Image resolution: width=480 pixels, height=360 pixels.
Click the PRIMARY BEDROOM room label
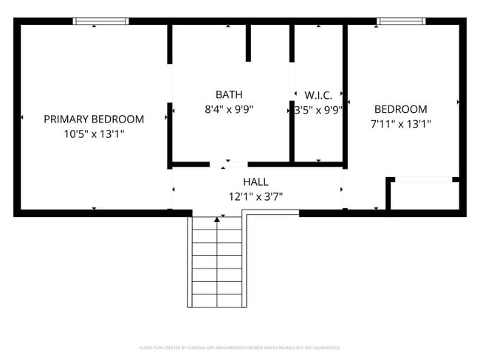tap(94, 119)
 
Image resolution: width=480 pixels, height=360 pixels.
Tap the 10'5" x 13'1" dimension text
tap(94, 134)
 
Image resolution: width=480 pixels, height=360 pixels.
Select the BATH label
tap(229, 94)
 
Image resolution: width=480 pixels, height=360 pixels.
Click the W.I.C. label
tap(319, 95)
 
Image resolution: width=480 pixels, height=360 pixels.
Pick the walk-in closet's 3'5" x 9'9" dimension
tap(319, 111)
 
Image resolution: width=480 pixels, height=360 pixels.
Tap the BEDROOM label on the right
tap(400, 109)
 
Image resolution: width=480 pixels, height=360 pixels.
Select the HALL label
tap(256, 181)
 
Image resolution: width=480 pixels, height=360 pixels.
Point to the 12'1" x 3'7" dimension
tap(256, 197)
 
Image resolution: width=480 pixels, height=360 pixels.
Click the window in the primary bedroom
tap(100, 21)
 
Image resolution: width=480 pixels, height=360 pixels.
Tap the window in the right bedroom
tap(401, 21)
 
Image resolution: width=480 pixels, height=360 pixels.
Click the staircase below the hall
tap(217, 262)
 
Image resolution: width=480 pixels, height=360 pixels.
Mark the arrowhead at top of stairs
tap(217, 219)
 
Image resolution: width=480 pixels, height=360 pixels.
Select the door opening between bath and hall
tap(228, 163)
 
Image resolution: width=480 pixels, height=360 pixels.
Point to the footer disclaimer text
tap(240, 347)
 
